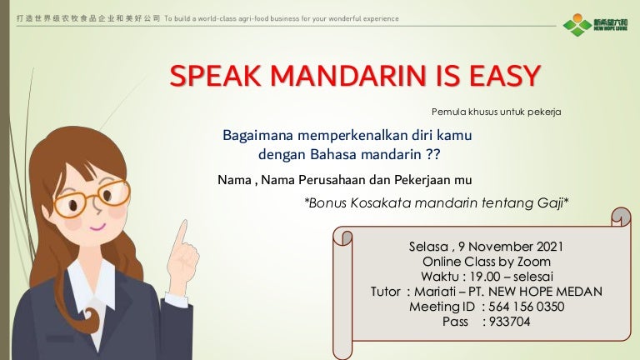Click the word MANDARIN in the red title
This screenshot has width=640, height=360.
(348, 76)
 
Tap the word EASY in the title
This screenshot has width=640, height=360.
(505, 76)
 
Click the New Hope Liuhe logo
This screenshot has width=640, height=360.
(595, 24)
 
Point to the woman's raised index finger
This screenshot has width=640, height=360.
(182, 233)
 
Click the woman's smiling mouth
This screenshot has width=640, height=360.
(97, 227)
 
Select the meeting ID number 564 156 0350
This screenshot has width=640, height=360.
(526, 307)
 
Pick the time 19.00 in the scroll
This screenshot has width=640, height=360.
(485, 277)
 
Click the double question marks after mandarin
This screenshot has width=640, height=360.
(433, 154)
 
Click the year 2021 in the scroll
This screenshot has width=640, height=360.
(550, 247)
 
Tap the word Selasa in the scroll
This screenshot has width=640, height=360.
(428, 247)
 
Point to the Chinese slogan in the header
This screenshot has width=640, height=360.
(88, 18)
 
